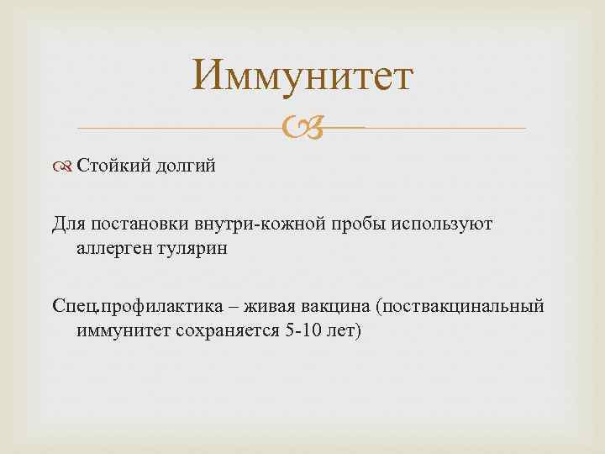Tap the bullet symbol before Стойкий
click(x=66, y=166)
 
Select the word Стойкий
click(x=106, y=166)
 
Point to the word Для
click(x=68, y=224)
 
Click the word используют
click(x=443, y=224)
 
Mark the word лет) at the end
click(x=344, y=330)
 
